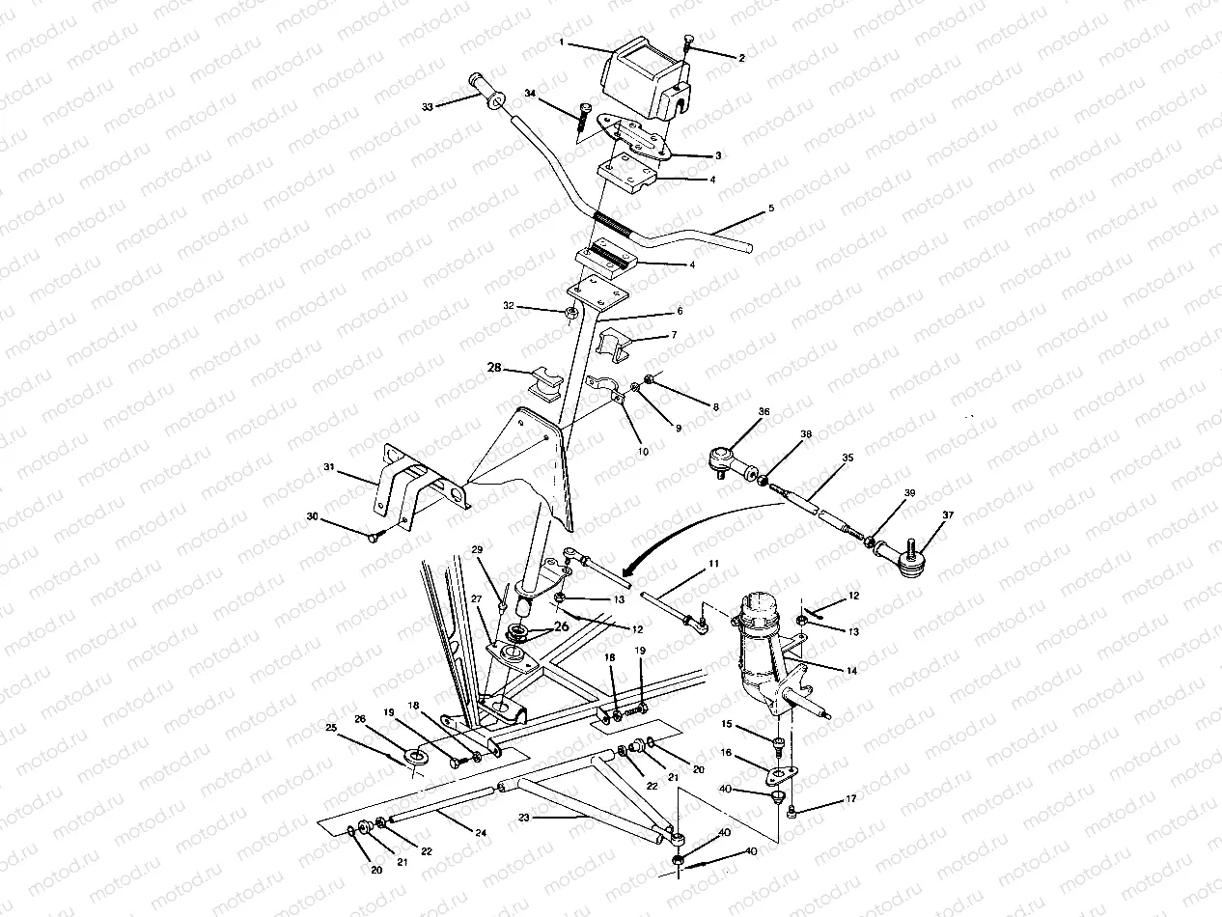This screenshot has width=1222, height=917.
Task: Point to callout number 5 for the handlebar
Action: [769, 208]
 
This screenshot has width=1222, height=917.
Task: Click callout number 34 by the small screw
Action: [530, 93]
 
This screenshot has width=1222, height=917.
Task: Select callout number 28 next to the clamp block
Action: [494, 369]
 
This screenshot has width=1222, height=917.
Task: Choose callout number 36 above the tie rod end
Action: [764, 411]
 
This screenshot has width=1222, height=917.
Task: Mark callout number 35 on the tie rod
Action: [847, 458]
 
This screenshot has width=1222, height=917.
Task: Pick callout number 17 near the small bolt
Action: [849, 799]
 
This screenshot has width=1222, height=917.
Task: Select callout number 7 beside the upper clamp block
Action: [674, 335]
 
